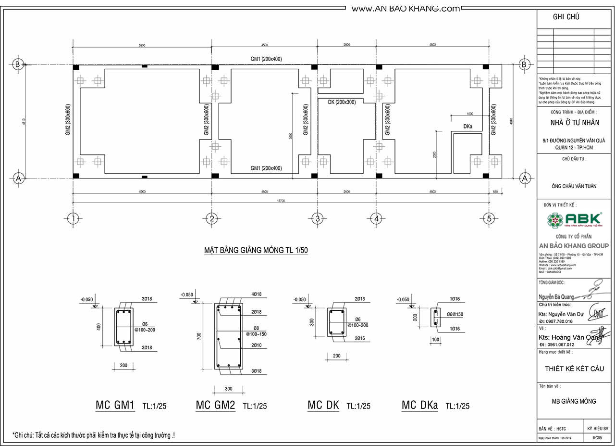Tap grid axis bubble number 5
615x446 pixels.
click(489, 219)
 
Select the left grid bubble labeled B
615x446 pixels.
click(18, 64)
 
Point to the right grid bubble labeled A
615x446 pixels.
click(524, 178)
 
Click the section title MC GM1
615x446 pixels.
click(115, 405)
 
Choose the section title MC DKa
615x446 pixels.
click(419, 405)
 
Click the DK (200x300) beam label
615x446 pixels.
click(342, 102)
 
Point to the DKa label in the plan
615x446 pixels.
click(468, 127)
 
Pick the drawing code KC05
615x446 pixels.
click(597, 438)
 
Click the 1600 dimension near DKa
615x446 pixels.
click(470, 114)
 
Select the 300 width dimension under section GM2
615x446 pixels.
click(228, 388)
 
